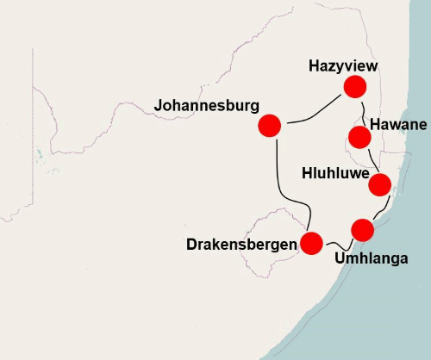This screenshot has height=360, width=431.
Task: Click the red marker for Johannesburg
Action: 270,126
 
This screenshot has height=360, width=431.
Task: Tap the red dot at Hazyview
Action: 354,86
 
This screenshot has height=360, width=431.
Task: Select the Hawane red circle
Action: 359,137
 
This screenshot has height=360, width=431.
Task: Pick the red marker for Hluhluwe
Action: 380,184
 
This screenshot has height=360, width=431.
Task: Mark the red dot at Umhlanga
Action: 363,230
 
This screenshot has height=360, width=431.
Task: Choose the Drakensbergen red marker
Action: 311,244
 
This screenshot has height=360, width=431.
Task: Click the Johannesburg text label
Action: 206,106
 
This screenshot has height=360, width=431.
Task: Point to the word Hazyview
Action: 343,65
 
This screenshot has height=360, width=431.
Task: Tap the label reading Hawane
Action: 398,126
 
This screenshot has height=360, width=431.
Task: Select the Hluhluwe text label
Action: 335,173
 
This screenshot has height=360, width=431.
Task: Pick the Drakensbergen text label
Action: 241,245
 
